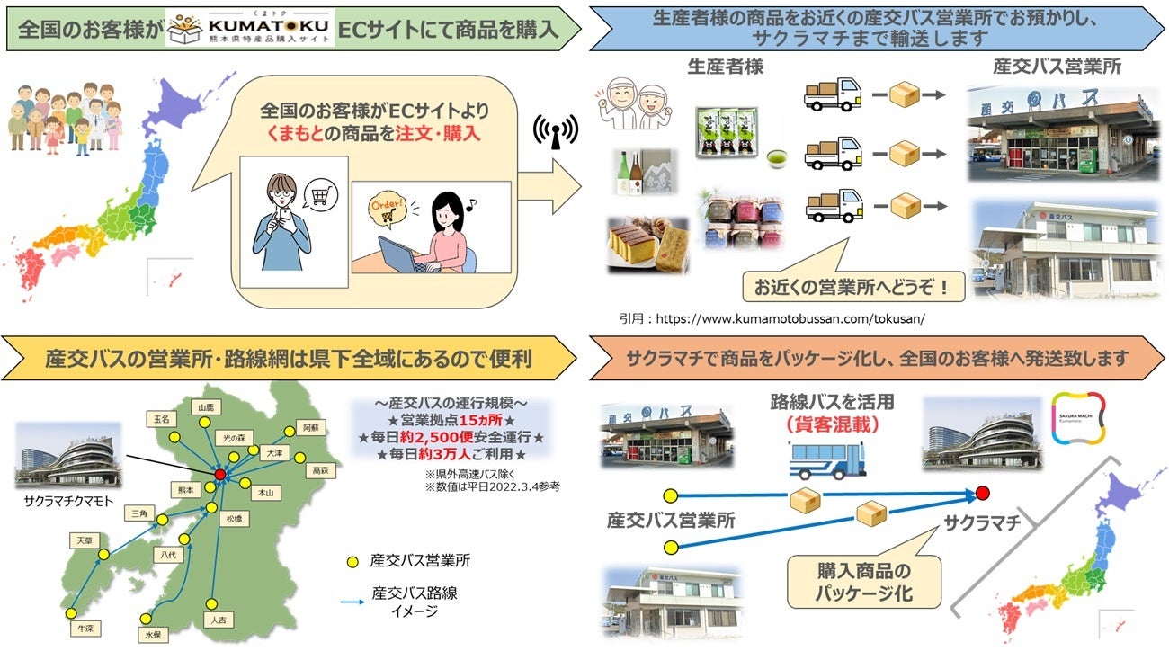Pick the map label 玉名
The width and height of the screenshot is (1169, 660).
pos(159,419)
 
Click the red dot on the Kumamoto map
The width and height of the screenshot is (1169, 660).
pos(219,474)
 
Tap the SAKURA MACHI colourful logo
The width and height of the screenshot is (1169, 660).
pos(1077,417)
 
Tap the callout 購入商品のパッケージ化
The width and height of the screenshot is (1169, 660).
pos(864,582)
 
